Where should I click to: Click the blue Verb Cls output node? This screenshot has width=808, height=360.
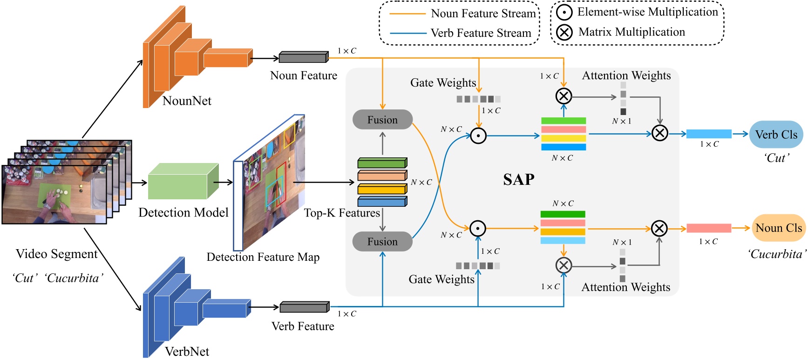[776, 135]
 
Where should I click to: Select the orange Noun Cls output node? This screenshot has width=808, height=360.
[778, 228]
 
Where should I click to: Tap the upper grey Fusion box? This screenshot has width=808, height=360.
[382, 120]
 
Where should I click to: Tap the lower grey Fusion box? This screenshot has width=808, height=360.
[382, 242]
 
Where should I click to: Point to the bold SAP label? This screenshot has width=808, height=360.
[518, 180]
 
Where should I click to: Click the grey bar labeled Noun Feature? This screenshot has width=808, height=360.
[304, 57]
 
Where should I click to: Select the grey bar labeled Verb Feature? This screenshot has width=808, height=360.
[304, 307]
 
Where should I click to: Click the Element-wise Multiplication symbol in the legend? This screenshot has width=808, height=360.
[564, 13]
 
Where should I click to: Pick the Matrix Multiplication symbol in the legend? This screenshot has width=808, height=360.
[564, 32]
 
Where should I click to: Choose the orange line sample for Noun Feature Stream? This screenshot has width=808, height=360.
[407, 14]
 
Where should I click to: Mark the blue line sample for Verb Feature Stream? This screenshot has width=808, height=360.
[407, 34]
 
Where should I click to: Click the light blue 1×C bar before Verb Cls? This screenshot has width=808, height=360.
[709, 134]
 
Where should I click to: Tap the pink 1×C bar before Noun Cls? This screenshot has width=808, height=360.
[709, 228]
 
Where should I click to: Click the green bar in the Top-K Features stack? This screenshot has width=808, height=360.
[382, 163]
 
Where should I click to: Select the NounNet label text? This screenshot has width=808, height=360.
[187, 101]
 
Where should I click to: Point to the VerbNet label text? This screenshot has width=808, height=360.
[187, 352]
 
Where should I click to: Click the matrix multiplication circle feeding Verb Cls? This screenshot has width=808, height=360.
[659, 133]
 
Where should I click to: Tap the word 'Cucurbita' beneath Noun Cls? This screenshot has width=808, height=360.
[776, 254]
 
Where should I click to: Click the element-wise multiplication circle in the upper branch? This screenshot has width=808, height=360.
[478, 136]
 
